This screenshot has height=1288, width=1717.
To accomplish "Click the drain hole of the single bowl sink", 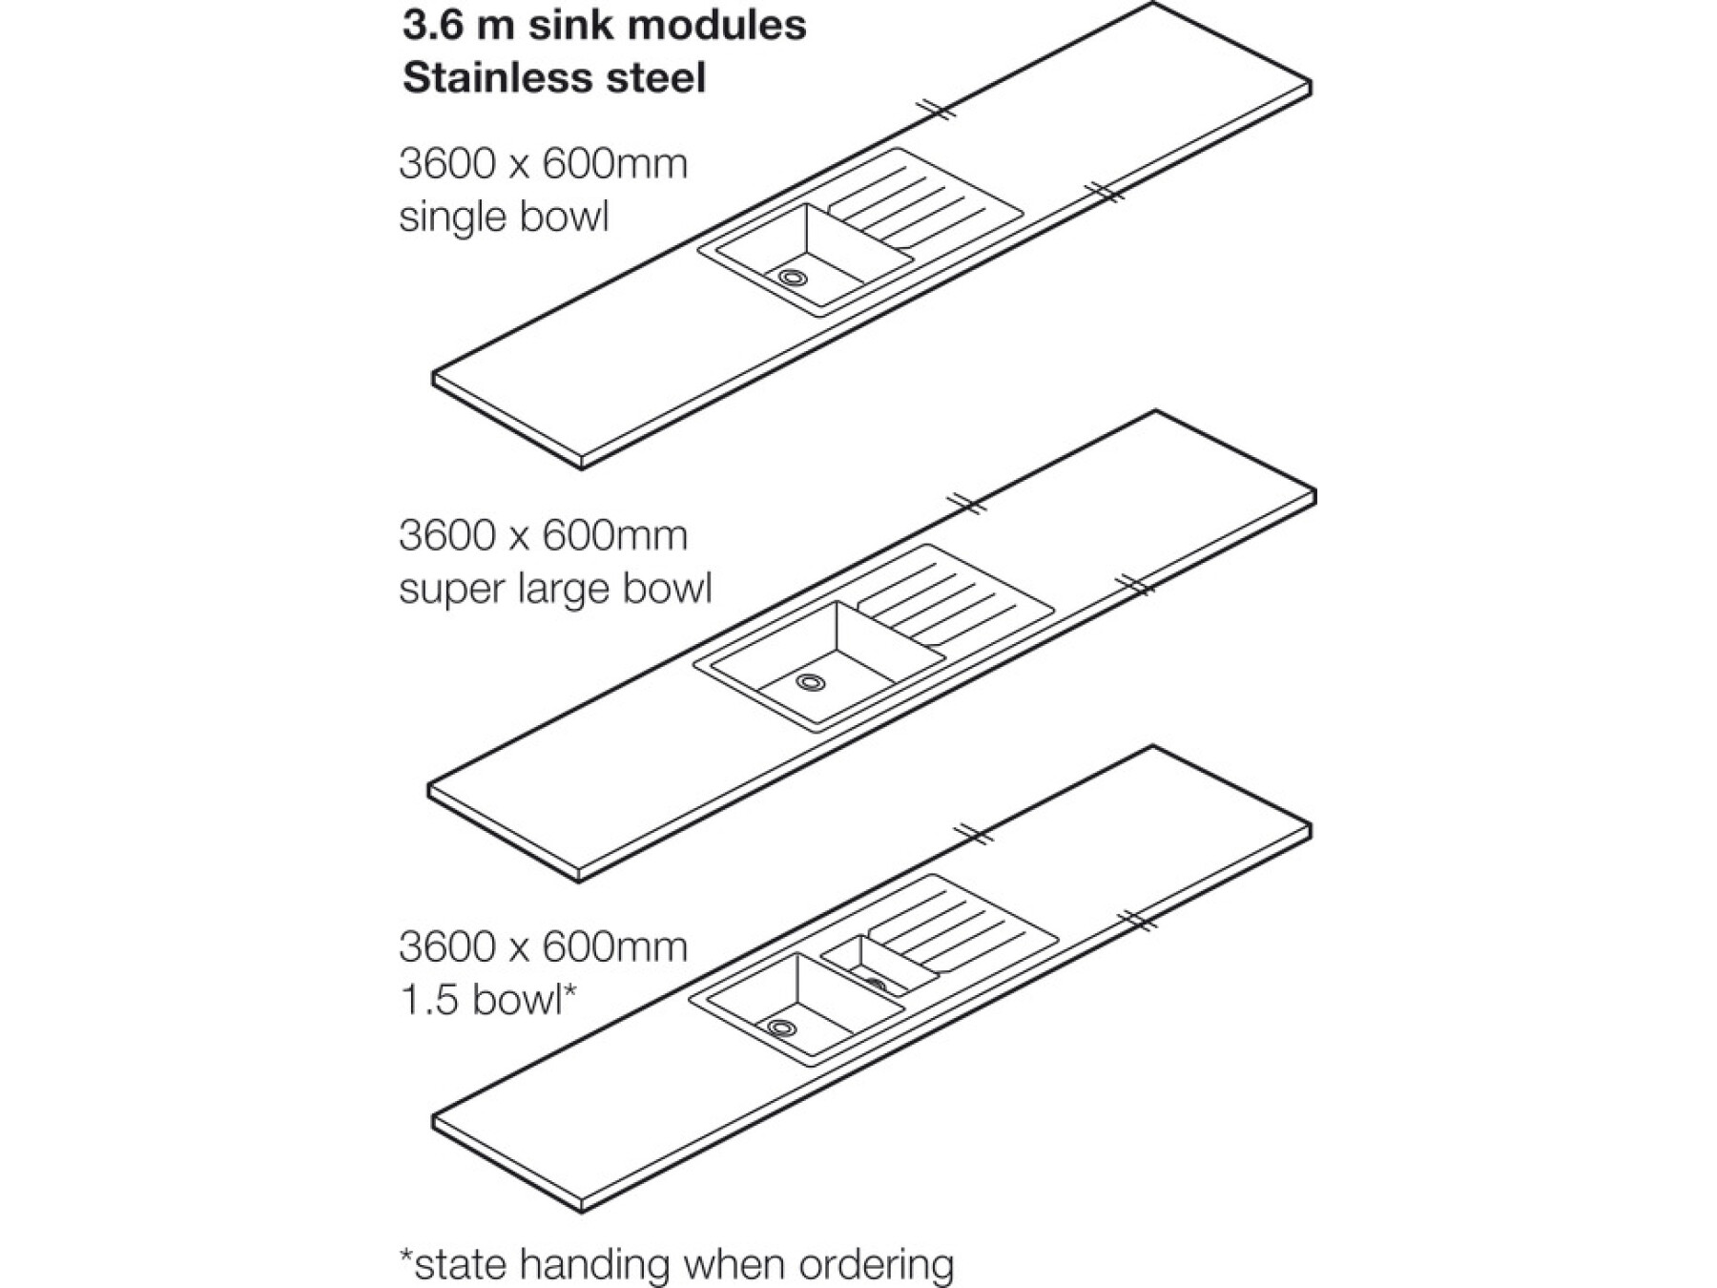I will pos(792,278).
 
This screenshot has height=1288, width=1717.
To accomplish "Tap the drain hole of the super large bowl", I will pos(811,682).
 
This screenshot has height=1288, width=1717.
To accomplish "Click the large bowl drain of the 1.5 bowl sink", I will pos(781,1028).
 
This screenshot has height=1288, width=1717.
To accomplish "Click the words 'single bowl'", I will pos(504,217).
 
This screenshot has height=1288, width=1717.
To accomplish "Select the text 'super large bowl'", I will pos(555,589).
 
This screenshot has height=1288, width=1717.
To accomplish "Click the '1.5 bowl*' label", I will pos(488,1000).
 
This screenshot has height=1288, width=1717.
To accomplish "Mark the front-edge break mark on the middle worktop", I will pos(1132,584).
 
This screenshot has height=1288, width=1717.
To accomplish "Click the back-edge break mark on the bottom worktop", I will pos(973,834).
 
